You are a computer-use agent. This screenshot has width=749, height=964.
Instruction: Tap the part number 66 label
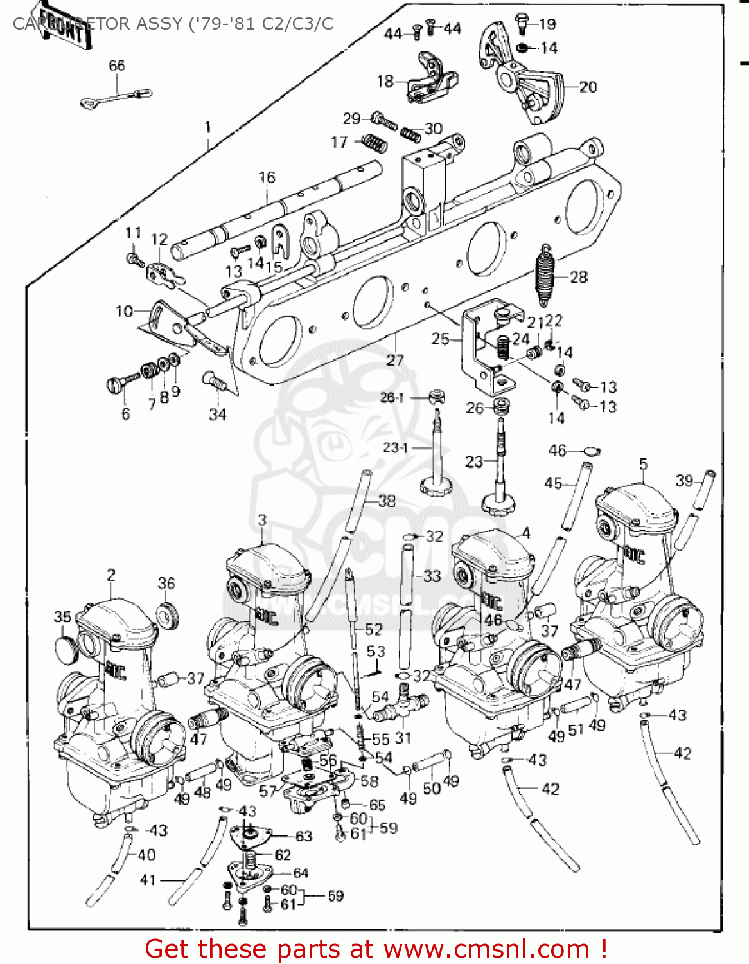[x=117, y=66]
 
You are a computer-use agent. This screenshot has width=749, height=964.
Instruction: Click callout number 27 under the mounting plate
[x=394, y=361]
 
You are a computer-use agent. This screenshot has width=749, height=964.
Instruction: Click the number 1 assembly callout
[x=207, y=127]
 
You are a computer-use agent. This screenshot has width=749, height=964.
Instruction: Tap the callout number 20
[x=588, y=87]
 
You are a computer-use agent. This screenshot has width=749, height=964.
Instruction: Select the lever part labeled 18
[x=432, y=78]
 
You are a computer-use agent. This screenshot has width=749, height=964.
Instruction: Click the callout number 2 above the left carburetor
[x=111, y=575]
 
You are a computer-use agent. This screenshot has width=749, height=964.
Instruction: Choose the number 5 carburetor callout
[x=643, y=464]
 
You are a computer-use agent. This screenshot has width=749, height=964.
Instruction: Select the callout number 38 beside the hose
[x=387, y=501]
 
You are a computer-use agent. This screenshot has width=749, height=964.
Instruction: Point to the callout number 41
[x=148, y=880]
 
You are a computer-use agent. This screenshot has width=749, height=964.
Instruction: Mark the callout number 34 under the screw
[x=217, y=415]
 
